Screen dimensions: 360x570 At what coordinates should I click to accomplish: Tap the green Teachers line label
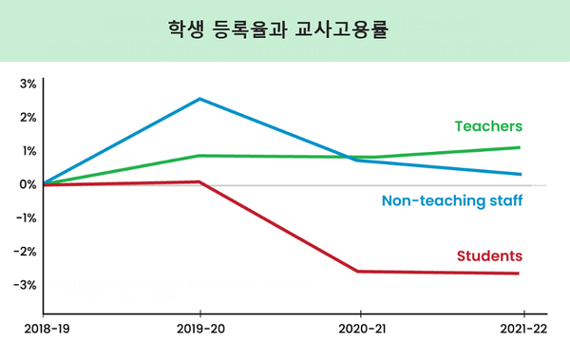488,126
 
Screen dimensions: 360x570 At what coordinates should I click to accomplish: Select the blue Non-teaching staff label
452,200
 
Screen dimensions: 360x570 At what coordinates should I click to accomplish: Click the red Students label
489,256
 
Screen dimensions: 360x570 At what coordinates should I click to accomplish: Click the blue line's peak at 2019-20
199,99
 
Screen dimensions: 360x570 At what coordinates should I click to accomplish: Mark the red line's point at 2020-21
359,272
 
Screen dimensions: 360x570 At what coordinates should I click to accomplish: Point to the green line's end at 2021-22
520,147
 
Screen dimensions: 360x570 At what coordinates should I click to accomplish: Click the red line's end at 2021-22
520,274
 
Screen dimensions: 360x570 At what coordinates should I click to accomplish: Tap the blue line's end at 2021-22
520,174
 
